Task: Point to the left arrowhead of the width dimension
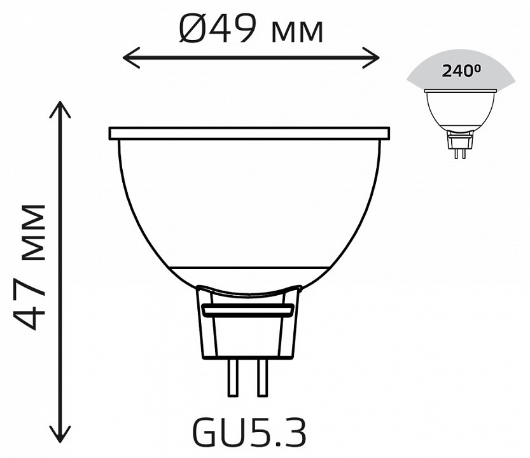tap(132, 58)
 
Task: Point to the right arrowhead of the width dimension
tap(371, 58)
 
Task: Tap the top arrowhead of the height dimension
tap(60, 110)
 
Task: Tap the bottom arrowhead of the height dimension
tap(60, 434)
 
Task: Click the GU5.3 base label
tap(250, 433)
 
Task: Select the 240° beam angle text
tap(461, 71)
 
